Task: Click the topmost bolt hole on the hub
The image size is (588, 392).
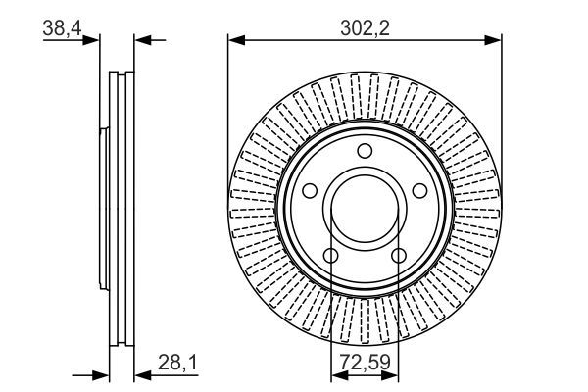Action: pos(366,151)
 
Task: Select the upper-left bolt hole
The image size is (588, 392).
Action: pos(309,192)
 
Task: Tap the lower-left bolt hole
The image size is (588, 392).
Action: pos(330,257)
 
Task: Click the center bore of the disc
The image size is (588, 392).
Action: pos(366,211)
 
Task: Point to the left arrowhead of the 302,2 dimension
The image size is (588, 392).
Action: pos(234,39)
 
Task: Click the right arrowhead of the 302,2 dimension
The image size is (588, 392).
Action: pos(495,39)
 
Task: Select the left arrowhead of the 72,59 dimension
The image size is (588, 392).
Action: pos(336,374)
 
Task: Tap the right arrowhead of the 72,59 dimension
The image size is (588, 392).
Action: pos(394,374)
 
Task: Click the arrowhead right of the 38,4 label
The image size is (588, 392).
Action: pos(95,39)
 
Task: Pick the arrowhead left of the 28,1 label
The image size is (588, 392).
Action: pos(138,374)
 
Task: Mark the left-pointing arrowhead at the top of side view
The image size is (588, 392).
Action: pos(138,39)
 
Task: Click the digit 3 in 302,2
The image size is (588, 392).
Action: pos(344,28)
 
